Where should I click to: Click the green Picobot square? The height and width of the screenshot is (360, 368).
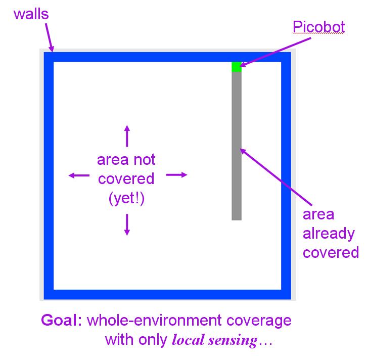coord(237,67)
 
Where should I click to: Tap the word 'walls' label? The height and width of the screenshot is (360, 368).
coord(31,14)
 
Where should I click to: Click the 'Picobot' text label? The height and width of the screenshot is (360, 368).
coord(319,26)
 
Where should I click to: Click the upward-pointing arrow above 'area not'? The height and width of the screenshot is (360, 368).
coord(127,136)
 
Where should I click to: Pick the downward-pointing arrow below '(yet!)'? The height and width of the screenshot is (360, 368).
coord(127,224)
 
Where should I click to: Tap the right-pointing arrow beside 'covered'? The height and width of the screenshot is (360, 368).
coord(177,175)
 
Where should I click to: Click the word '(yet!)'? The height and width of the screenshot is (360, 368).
coord(126,199)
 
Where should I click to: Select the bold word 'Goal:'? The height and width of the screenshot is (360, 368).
coord(63,321)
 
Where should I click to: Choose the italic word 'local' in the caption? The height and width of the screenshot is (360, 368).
coord(188,340)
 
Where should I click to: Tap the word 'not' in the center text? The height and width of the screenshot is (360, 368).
coord(144,160)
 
